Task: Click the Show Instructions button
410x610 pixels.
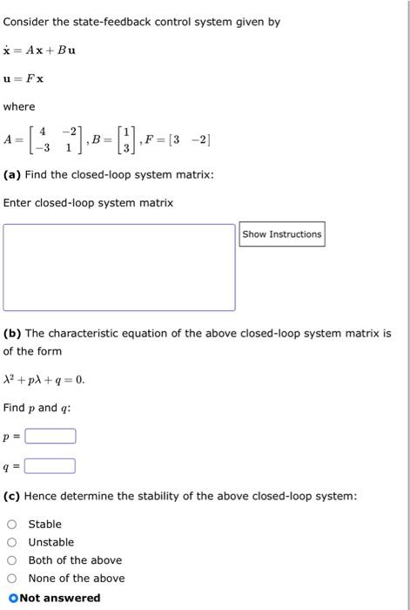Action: pyautogui.click(x=282, y=234)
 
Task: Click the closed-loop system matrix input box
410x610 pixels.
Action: pyautogui.click(x=119, y=267)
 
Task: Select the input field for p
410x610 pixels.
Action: pyautogui.click(x=50, y=436)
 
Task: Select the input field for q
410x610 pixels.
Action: pyautogui.click(x=50, y=466)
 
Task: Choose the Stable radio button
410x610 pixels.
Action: pyautogui.click(x=12, y=524)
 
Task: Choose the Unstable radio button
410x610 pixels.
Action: pyautogui.click(x=12, y=542)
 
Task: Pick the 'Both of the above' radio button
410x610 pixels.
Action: pyautogui.click(x=12, y=560)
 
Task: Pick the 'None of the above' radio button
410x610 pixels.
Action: pyautogui.click(x=12, y=579)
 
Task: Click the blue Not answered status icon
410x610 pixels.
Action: pyautogui.click(x=12, y=598)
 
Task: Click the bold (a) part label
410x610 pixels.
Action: pyautogui.click(x=12, y=175)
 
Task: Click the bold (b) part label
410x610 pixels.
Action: pyautogui.click(x=12, y=333)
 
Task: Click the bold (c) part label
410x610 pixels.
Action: pyautogui.click(x=12, y=496)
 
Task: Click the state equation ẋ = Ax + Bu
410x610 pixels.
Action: pyautogui.click(x=39, y=50)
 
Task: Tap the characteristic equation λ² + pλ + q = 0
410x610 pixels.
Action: pyautogui.click(x=44, y=380)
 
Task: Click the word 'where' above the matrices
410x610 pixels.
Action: pyautogui.click(x=19, y=107)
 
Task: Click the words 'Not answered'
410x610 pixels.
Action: pyautogui.click(x=60, y=598)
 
